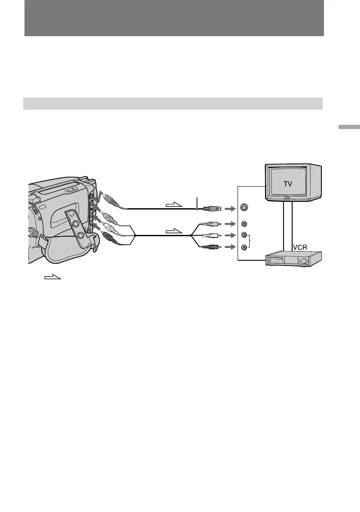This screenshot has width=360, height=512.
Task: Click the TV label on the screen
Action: click(287, 183)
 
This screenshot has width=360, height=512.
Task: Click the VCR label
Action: click(302, 248)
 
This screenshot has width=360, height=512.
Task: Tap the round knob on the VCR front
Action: click(304, 261)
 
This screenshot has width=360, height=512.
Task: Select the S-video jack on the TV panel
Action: click(245, 209)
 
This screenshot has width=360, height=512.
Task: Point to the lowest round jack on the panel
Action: click(245, 247)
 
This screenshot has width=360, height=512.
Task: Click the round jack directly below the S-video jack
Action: click(245, 224)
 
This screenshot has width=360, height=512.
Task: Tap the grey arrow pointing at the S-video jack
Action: click(230, 209)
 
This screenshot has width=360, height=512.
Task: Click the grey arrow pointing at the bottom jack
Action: click(230, 247)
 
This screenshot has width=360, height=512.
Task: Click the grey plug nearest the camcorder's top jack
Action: click(109, 200)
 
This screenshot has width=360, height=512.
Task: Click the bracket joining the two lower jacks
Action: click(249, 241)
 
